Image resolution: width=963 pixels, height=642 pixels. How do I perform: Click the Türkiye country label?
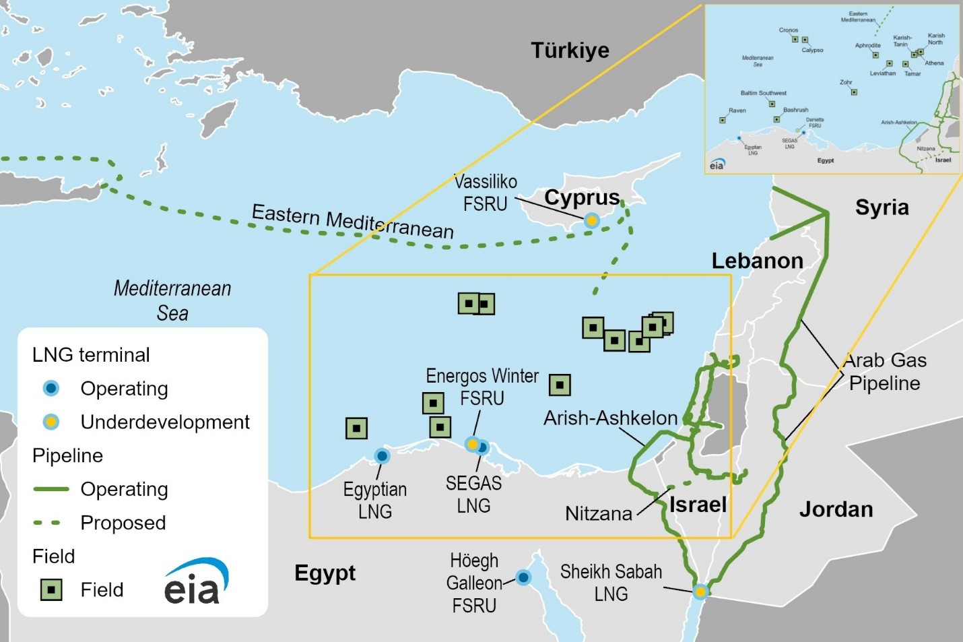[570, 51]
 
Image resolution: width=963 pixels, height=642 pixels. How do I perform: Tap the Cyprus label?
[582, 197]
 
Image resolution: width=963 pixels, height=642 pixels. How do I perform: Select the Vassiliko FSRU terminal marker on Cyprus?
[591, 220]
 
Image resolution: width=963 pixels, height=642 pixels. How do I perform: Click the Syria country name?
[882, 207]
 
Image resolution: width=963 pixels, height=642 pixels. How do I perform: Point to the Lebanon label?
[757, 261]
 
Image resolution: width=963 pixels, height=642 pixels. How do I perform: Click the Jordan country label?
[836, 509]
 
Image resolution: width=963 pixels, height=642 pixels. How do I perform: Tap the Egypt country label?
[325, 573]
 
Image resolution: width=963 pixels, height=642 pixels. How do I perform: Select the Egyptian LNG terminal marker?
[382, 456]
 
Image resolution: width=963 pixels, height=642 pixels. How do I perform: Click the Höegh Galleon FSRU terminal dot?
[523, 577]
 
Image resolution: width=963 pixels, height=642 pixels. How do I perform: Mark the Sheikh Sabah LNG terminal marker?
[700, 591]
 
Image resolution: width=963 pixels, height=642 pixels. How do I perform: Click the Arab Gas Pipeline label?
[885, 372]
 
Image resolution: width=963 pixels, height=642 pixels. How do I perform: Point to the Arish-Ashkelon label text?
[610, 418]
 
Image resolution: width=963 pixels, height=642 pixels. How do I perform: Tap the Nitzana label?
[599, 514]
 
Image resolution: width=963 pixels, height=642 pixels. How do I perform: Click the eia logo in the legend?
[195, 583]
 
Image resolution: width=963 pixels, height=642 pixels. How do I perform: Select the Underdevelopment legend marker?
[51, 422]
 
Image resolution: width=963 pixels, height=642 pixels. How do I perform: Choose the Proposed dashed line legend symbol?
[51, 523]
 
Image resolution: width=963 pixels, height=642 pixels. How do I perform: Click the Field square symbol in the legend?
[51, 589]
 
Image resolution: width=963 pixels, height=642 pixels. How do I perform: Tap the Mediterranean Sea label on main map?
[172, 300]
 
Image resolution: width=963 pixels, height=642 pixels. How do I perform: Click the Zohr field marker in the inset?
[854, 92]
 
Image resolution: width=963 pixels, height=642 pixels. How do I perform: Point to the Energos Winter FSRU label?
[482, 387]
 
